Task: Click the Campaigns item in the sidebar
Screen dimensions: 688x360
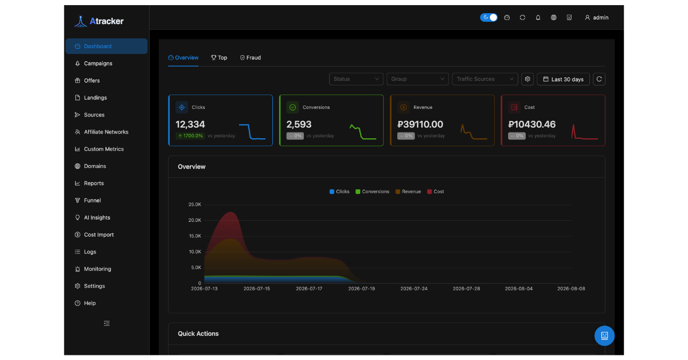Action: (98, 64)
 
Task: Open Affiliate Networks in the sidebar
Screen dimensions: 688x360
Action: (106, 132)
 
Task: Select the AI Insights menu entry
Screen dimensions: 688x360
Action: (97, 217)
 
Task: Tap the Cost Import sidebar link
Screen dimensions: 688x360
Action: (99, 234)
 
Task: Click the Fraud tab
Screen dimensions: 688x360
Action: (251, 58)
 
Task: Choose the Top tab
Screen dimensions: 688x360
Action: (219, 58)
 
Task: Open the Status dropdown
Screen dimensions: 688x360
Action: (356, 79)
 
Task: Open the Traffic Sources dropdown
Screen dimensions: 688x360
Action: (485, 79)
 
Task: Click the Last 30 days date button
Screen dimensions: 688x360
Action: (563, 79)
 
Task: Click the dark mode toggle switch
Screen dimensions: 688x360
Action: (488, 18)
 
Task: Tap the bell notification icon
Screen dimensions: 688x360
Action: (538, 18)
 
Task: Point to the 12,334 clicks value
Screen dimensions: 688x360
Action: (190, 124)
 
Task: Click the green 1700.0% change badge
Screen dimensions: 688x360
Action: (190, 136)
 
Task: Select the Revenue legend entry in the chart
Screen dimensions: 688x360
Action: (408, 191)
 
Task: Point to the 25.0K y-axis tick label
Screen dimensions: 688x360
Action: (195, 205)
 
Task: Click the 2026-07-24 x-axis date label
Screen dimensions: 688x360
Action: (414, 289)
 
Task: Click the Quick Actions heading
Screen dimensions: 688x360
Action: (198, 334)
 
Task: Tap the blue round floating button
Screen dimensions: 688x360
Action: (604, 336)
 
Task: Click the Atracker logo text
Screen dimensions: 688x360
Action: (107, 21)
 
